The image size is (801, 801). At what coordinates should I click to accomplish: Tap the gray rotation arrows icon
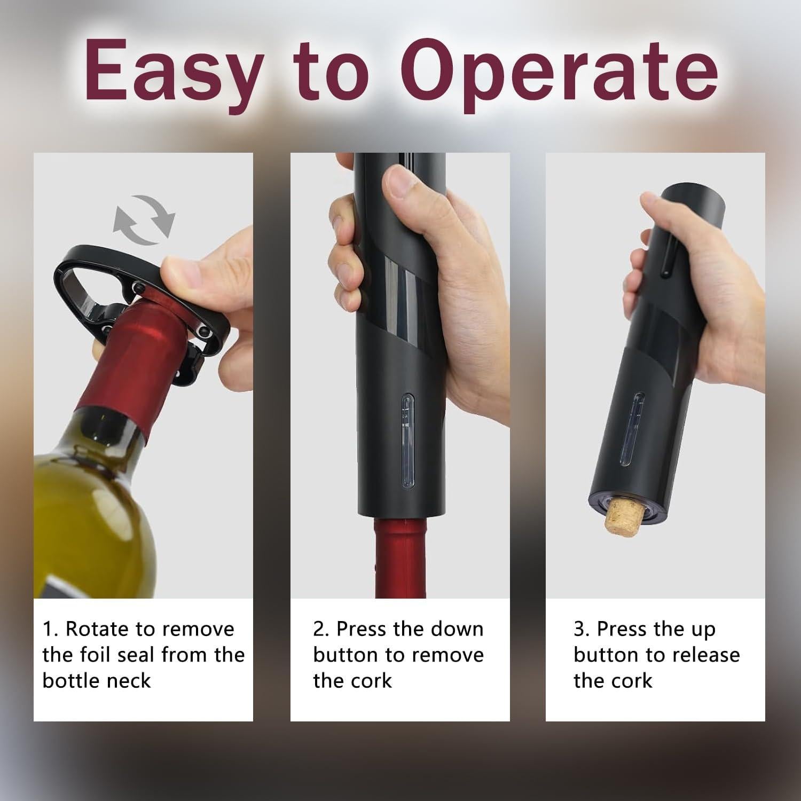[x=144, y=219]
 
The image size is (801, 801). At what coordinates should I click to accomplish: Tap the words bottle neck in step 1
[x=96, y=681]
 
